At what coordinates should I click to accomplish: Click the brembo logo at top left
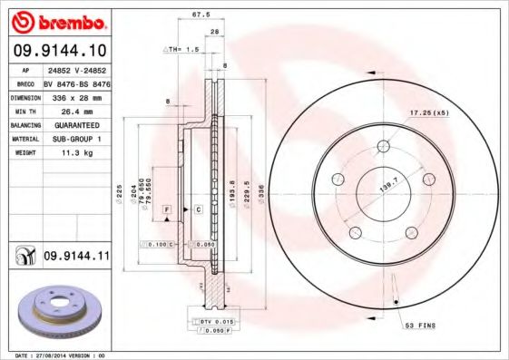tap(57, 21)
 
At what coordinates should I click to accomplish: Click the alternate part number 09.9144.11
tap(77, 257)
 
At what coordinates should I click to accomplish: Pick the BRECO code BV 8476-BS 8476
tap(77, 83)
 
